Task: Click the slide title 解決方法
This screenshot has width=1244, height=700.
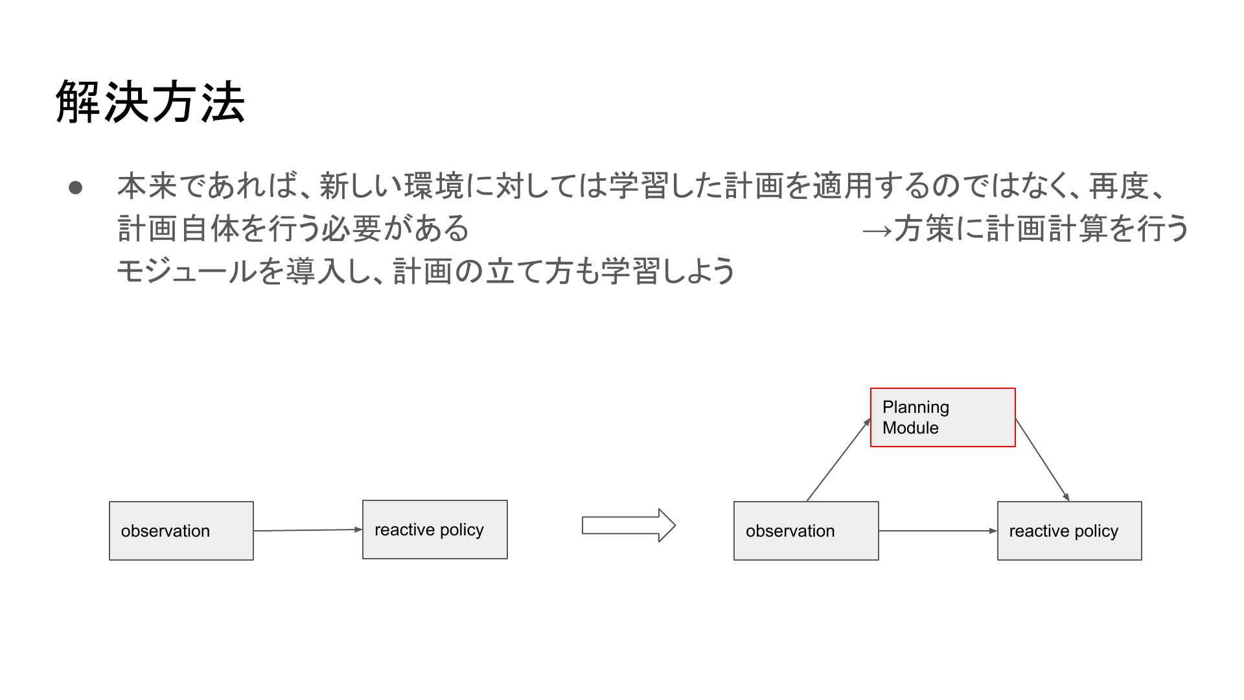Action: pos(150,102)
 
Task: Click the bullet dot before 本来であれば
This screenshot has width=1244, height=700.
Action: pos(75,187)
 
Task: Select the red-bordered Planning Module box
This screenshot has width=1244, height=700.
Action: pos(943,417)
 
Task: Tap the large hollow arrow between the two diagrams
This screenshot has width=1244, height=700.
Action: pos(628,525)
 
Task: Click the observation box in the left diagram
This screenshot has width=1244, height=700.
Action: pos(181,531)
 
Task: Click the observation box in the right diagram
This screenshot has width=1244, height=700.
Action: pos(806,531)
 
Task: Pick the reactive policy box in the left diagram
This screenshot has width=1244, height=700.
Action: pos(435,530)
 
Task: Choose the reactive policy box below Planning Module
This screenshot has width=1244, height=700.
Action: pos(1070,531)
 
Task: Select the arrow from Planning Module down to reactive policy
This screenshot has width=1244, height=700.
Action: pos(1042,460)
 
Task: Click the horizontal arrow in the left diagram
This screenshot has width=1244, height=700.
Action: pos(308,530)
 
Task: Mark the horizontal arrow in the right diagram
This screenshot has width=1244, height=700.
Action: pos(938,531)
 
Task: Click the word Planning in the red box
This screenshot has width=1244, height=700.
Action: pos(916,408)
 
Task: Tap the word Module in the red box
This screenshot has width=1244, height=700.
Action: pos(910,428)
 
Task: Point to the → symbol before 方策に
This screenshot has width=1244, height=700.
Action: pos(878,229)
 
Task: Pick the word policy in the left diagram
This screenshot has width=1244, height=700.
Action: pos(461,530)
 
